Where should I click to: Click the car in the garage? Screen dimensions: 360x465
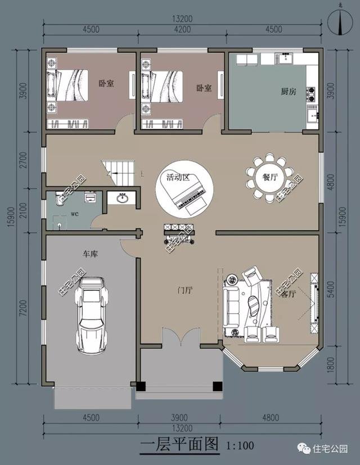pos(92,315)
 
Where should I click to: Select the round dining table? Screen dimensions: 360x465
pos(269,177)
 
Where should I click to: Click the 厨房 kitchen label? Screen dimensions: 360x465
pos(289,91)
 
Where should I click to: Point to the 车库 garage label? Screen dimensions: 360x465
pos(90,254)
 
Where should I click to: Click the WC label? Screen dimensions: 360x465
pos(75,214)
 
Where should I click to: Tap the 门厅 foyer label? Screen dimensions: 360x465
pos(185,290)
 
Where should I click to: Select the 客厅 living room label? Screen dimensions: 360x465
pos(288,294)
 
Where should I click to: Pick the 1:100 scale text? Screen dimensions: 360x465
pos(240,445)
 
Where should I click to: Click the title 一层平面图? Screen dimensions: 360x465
pos(179,444)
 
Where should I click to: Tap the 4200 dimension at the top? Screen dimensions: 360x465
pos(182,29)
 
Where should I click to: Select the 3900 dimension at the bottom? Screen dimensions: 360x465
pos(179,418)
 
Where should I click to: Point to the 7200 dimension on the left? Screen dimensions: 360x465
pos(24,308)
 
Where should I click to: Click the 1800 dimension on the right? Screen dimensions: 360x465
pos(331,365)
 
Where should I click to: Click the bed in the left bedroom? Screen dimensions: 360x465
pos(67,85)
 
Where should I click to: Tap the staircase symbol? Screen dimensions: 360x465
pos(118,173)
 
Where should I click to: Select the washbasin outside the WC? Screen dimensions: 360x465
pos(122,198)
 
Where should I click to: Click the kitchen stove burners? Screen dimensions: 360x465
pos(311,94)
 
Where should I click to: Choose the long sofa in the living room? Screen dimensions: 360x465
pos(231,307)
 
